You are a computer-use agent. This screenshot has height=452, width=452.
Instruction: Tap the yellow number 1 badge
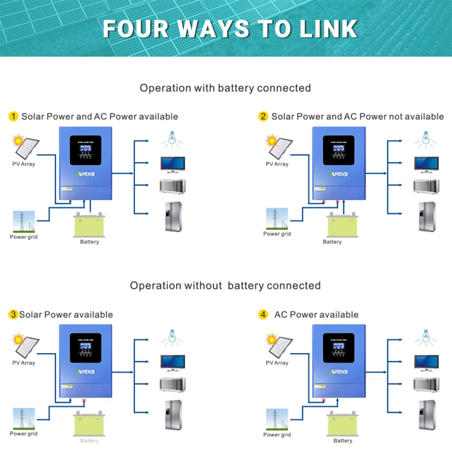click(14, 117)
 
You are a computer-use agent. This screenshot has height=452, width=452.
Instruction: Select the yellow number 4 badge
click(263, 314)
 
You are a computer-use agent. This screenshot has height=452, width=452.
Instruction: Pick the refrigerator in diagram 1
click(173, 217)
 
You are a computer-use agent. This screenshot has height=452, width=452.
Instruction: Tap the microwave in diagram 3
click(173, 384)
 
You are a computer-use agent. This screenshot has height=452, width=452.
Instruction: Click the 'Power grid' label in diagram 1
click(24, 237)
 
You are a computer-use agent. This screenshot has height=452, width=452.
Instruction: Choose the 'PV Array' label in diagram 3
click(24, 363)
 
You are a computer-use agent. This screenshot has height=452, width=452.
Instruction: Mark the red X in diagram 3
click(84, 400)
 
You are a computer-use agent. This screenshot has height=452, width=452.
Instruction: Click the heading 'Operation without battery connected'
click(225, 286)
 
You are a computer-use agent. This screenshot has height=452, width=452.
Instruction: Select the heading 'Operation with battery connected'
click(225, 88)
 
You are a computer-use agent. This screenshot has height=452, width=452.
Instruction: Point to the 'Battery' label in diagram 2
click(332, 242)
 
